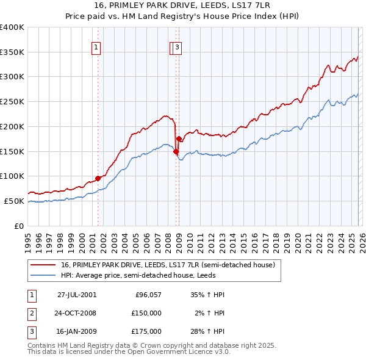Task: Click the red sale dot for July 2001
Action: pyautogui.click(x=98, y=178)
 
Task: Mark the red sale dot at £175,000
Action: pyautogui.click(x=179, y=139)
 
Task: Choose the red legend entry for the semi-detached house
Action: pyautogui.click(x=168, y=265)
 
